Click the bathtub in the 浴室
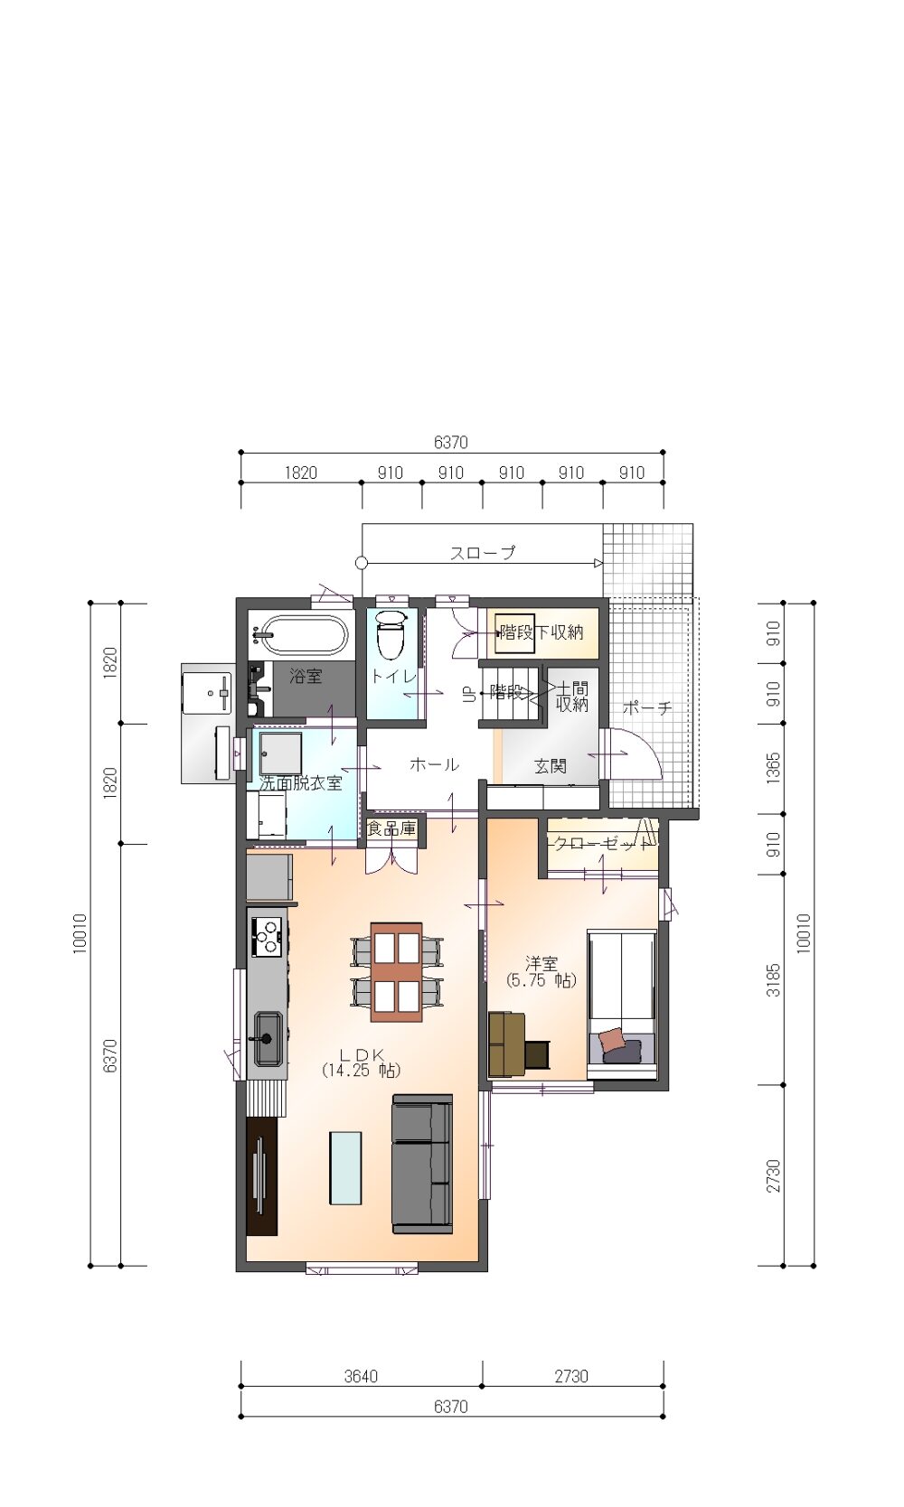point(304,633)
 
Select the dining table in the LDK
point(397,972)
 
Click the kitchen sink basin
point(268,1038)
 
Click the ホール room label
point(434,764)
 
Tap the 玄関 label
point(550,765)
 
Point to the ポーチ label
point(647,707)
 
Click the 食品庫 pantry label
point(391,828)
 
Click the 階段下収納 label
point(541,632)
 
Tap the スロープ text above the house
point(483,552)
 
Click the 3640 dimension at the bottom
point(361,1377)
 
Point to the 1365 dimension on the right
point(774,768)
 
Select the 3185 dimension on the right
point(774,979)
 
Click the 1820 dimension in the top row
point(300,473)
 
